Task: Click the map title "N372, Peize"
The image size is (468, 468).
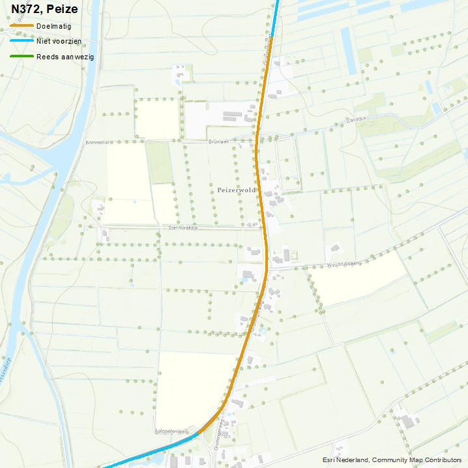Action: pos(44,9)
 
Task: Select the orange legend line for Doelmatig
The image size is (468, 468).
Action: pos(22,26)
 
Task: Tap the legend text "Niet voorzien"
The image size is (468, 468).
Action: pos(59,41)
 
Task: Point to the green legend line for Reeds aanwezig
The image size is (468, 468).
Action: pos(22,57)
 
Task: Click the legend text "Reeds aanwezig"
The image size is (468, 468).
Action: pos(65,57)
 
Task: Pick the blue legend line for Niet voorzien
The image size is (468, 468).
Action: pos(22,41)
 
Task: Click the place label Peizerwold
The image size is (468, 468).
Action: pos(237,190)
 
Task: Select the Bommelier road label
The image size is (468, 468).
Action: pos(95,141)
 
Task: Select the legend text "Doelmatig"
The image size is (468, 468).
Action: pos(54,26)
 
